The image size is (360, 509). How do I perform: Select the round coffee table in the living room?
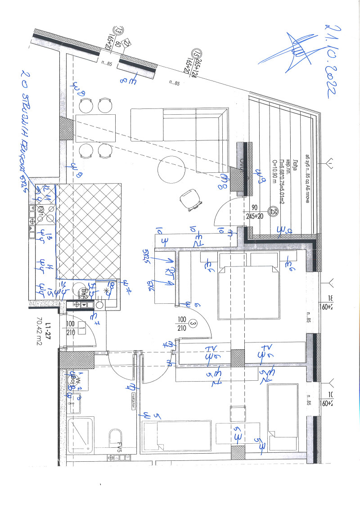(x=171, y=169)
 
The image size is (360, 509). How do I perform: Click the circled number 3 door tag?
(x=193, y=324)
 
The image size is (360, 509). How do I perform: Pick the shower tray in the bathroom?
(x=81, y=434)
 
